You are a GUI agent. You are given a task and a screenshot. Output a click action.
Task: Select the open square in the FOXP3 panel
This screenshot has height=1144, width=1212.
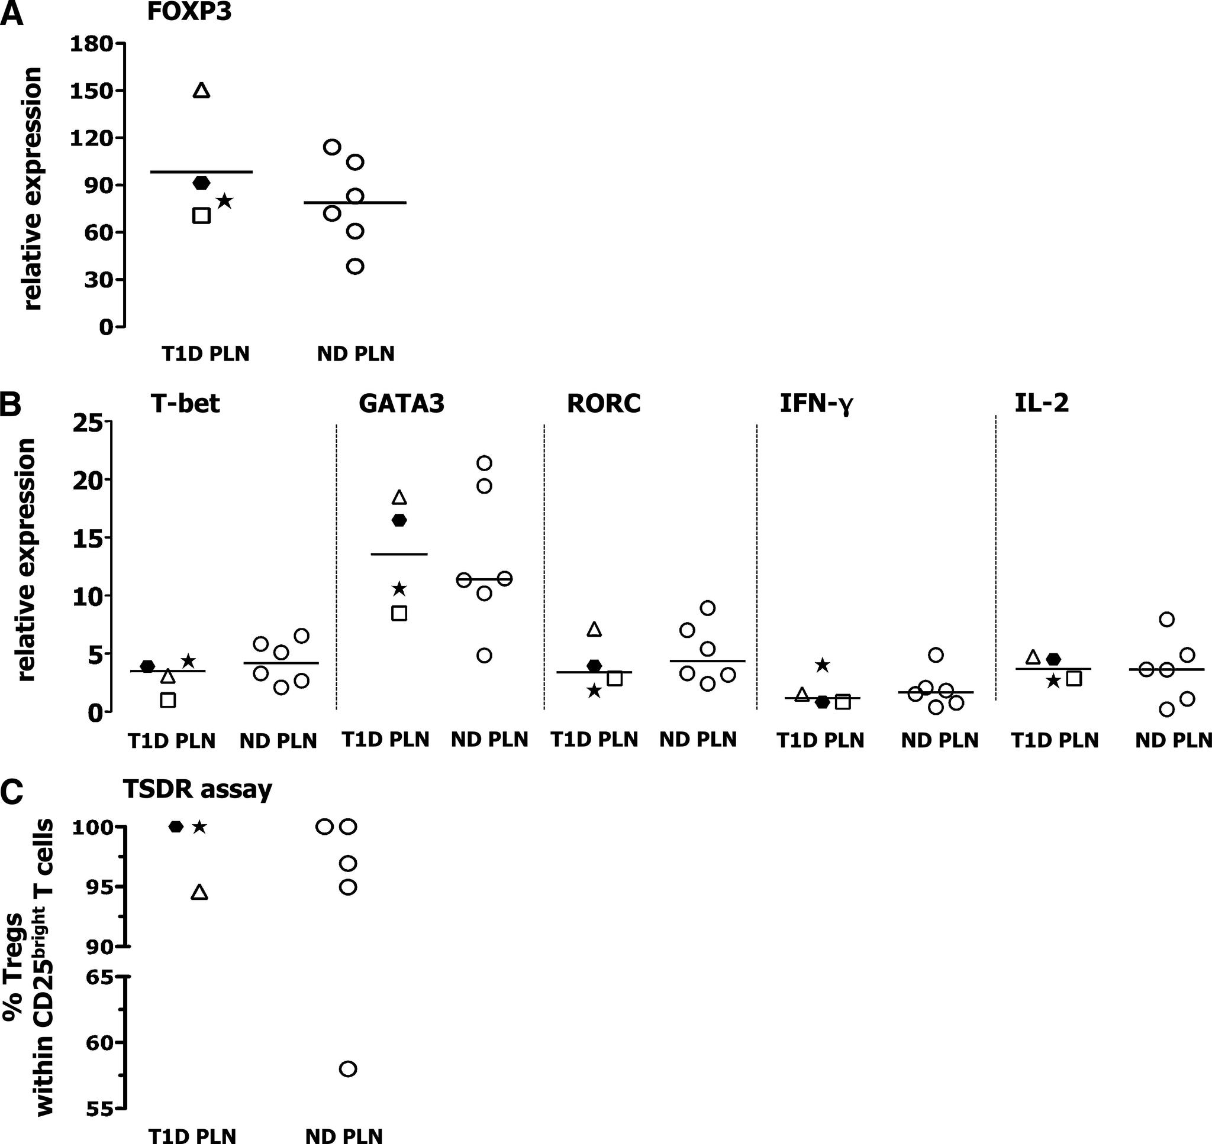201,215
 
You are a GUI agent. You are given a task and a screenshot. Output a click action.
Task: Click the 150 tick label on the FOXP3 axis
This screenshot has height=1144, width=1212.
92,91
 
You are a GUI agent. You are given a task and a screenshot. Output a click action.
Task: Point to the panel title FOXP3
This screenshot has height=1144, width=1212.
189,12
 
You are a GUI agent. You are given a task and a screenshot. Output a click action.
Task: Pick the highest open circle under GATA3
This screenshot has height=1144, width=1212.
484,463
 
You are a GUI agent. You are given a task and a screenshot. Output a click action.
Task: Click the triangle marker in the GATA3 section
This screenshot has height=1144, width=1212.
399,497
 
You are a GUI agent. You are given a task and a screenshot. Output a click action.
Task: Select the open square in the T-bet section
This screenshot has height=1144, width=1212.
168,700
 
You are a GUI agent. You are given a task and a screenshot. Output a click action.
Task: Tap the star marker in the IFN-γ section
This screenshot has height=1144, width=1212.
822,665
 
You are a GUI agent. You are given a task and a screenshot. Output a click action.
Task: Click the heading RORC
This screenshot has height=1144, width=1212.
603,404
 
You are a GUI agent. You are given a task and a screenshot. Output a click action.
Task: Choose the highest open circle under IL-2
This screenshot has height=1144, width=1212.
1166,620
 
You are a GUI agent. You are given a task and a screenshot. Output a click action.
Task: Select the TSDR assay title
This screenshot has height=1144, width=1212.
197,789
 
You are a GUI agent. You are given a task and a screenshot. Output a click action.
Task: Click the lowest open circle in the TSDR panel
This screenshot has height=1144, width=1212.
347,1069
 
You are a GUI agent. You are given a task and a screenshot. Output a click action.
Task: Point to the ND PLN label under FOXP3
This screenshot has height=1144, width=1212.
356,354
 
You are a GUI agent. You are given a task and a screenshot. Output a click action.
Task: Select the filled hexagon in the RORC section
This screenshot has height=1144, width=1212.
594,665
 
